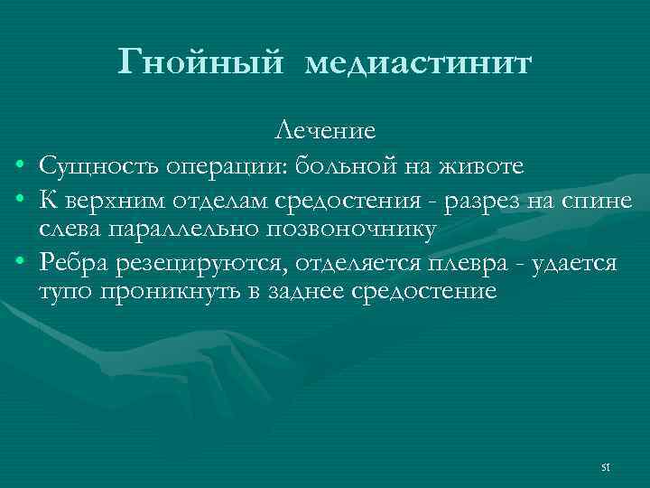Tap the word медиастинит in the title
click(x=419, y=63)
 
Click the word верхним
click(x=111, y=199)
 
